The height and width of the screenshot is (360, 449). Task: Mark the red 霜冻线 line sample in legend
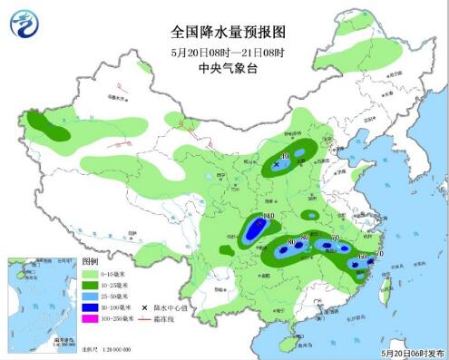click(145, 320)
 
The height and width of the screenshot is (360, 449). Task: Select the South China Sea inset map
click(41, 301)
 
